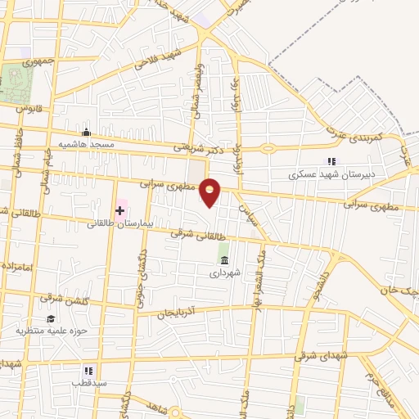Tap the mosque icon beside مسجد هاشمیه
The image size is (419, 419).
click(86, 132)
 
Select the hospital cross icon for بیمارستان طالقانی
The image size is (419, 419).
click(120, 209)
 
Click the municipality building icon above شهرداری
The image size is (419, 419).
click(223, 260)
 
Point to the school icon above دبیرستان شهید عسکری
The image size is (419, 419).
click(331, 161)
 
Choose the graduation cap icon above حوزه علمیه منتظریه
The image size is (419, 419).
click(51, 318)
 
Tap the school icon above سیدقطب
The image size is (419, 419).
click(88, 371)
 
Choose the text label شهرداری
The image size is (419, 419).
click(224, 274)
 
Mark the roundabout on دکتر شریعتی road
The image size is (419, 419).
click(268, 148)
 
